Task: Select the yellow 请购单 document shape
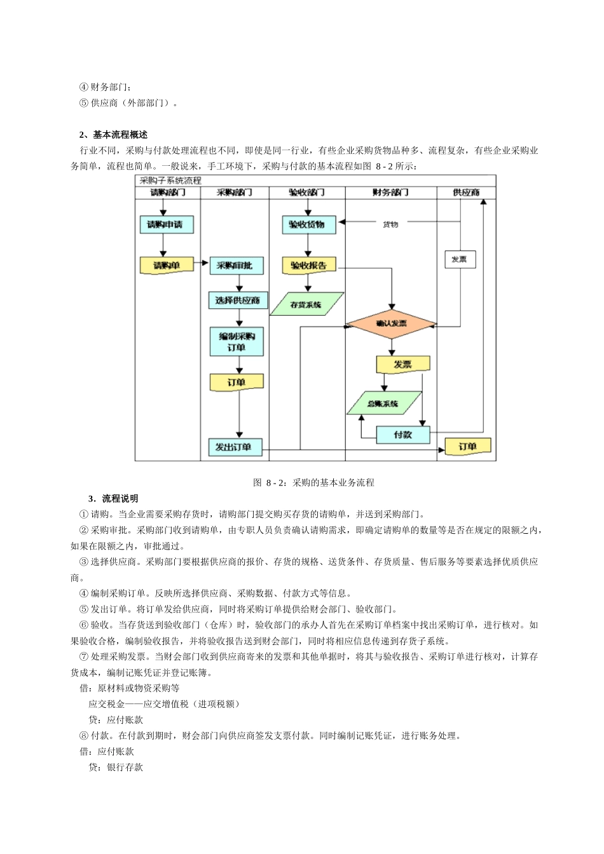tap(167, 265)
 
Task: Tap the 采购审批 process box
tap(236, 266)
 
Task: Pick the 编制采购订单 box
tap(237, 341)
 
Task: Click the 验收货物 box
tap(308, 224)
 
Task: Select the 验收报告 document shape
tap(309, 266)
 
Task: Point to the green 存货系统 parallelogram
tap(306, 304)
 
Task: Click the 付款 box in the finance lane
tap(402, 435)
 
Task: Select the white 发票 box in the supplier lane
tap(459, 259)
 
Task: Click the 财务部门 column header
tap(390, 192)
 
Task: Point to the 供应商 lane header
tap(465, 192)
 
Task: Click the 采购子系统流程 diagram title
tap(170, 181)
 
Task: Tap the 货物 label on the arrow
tap(390, 224)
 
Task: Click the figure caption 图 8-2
tap(313, 482)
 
